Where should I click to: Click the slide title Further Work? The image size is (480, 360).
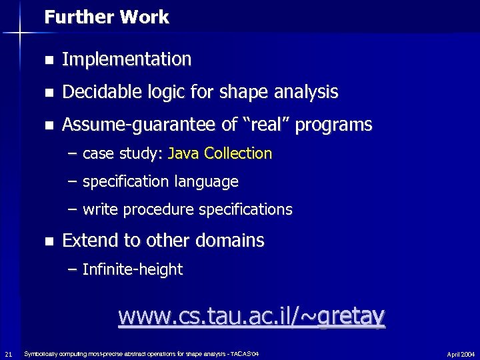[x=107, y=17]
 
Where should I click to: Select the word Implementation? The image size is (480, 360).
[x=127, y=59]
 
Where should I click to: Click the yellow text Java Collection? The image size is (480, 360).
[x=221, y=153]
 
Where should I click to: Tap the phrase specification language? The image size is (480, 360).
[x=160, y=181]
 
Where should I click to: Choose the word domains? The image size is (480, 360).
[x=235, y=240]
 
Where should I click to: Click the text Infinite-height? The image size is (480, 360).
[x=132, y=269]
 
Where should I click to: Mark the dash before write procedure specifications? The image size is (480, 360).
[x=72, y=209]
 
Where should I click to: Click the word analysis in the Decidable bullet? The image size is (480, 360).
[x=309, y=92]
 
